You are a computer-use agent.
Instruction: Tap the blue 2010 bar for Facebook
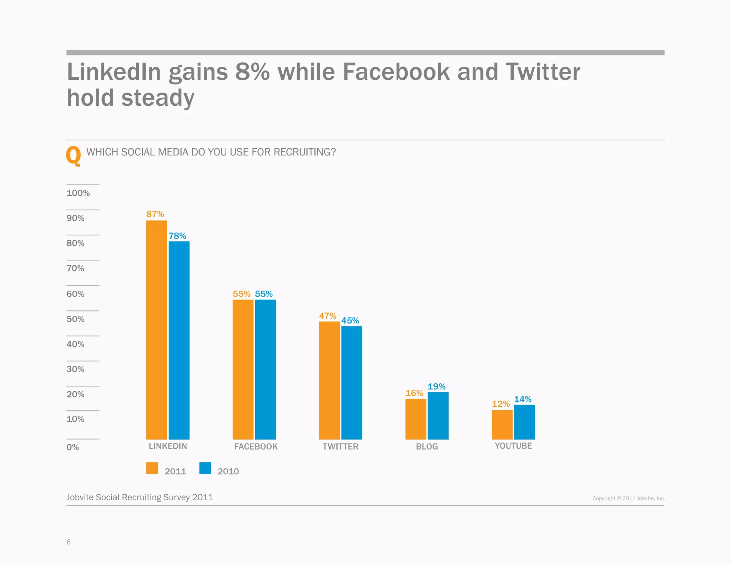265,369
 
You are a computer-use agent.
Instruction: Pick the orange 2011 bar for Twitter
329,380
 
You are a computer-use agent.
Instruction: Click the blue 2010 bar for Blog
438,416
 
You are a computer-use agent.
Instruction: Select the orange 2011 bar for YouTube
502,425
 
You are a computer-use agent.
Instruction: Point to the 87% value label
155,214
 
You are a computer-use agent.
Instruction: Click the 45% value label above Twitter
350,320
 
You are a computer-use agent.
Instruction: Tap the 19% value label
436,386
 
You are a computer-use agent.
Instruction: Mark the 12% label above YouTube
500,404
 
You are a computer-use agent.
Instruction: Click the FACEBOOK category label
256,446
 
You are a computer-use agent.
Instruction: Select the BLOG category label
427,446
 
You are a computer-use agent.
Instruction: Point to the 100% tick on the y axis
78,193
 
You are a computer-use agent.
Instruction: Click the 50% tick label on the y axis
75,319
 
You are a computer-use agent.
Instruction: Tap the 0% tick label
72,447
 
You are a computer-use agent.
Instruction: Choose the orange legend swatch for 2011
152,468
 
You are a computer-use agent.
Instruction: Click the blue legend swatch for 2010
205,468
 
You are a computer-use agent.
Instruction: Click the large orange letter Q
74,156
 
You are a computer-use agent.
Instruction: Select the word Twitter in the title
543,72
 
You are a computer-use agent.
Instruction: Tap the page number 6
69,542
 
